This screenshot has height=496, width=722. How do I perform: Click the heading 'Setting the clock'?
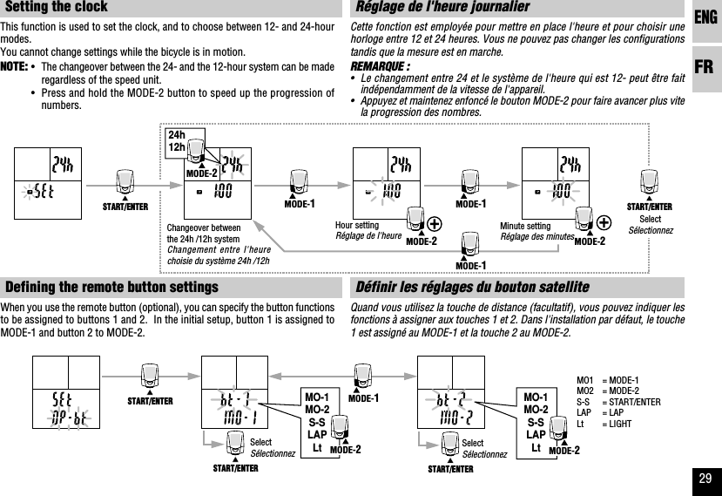tap(57, 8)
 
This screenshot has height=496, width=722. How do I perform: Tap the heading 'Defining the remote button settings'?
tap(111, 288)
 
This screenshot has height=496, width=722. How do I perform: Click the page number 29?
tap(705, 477)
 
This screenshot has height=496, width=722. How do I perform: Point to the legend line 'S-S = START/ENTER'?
tap(617, 403)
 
